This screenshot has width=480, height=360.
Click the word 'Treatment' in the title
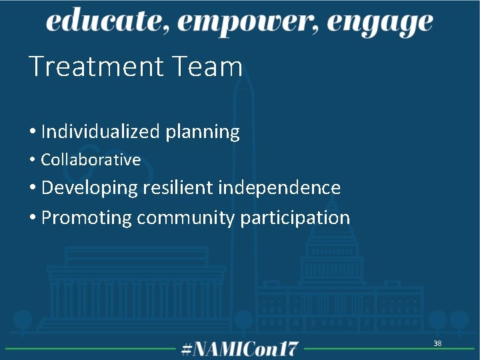pyautogui.click(x=96, y=67)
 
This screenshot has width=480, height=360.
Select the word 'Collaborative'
pyautogui.click(x=91, y=160)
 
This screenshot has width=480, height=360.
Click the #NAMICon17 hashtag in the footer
pyautogui.click(x=240, y=348)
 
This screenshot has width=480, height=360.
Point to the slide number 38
pyautogui.click(x=437, y=343)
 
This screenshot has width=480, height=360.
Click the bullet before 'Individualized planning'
pyautogui.click(x=33, y=133)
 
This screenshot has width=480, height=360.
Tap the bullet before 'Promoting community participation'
pyautogui.click(x=33, y=218)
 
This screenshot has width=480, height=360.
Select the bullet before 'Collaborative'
pyautogui.click(x=33, y=160)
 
